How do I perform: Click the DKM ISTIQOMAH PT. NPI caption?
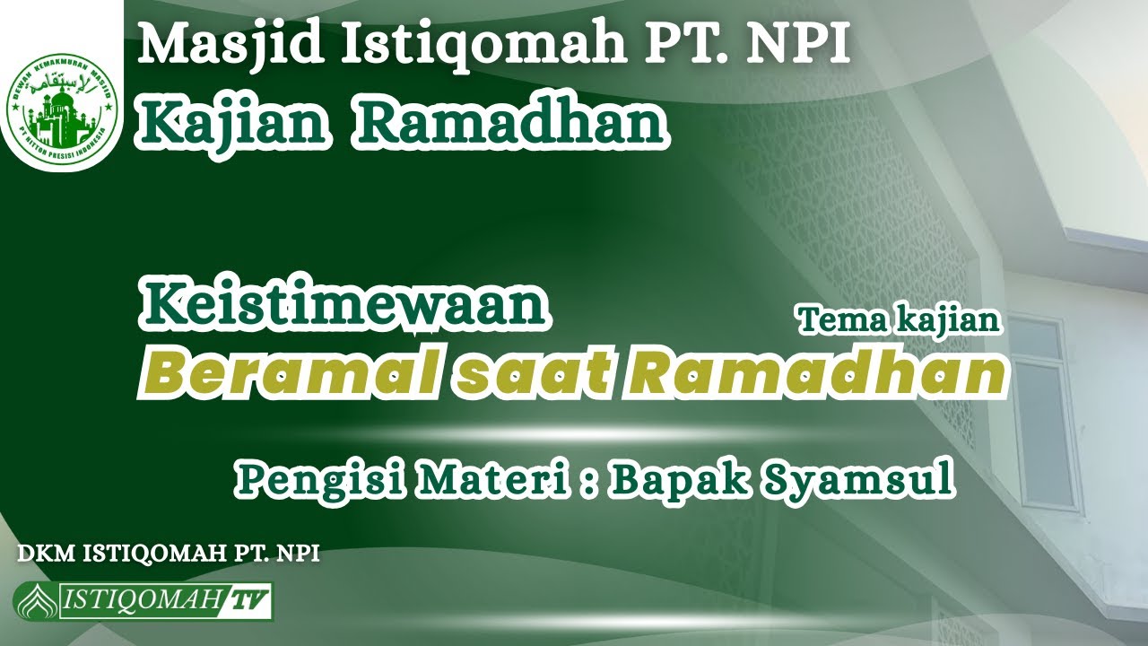click(x=169, y=553)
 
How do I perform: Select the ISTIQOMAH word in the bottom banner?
click(x=140, y=601)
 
